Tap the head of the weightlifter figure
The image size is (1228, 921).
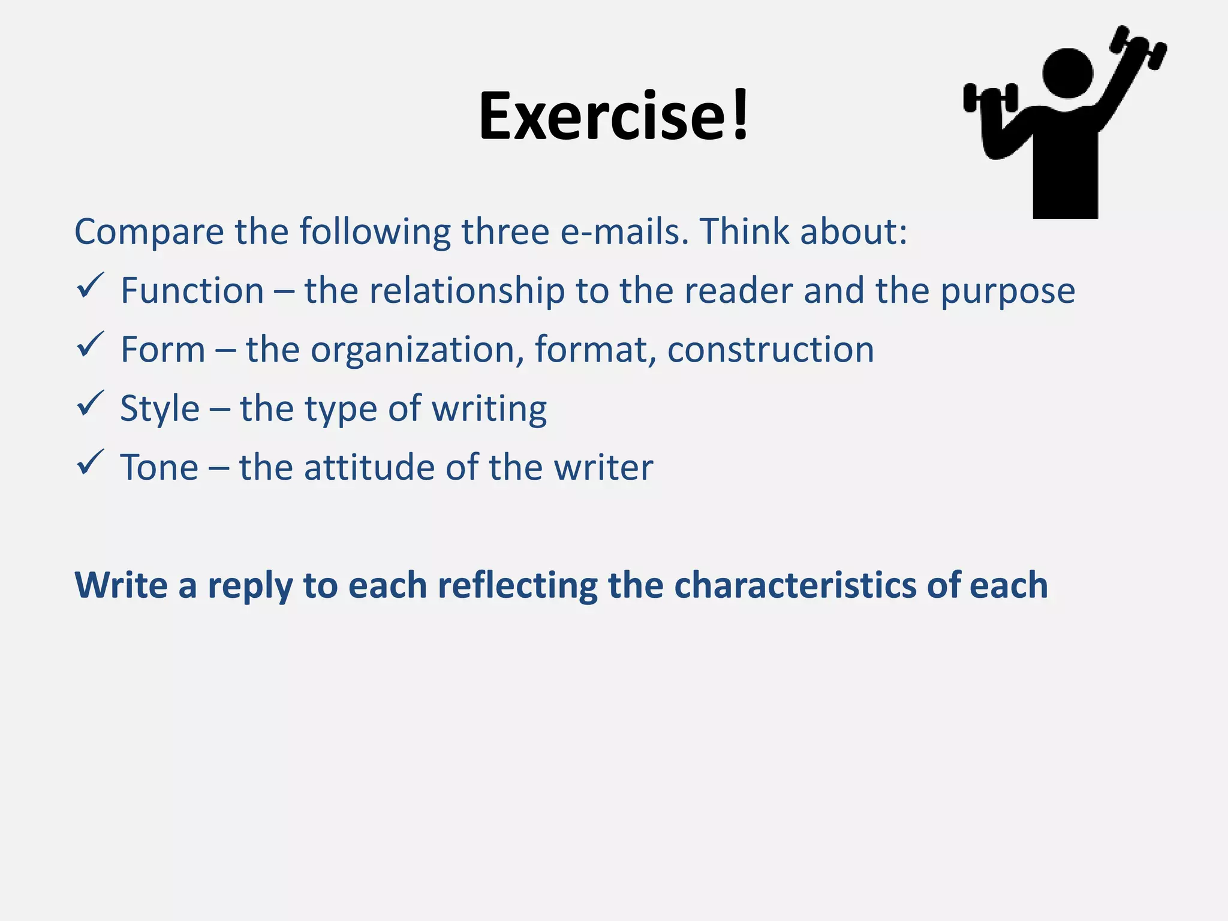click(1068, 73)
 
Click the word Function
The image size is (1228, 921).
click(192, 291)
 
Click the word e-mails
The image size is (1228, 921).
click(624, 231)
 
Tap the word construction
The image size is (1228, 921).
click(770, 350)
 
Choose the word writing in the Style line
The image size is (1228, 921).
click(489, 410)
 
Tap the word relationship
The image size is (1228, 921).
click(467, 291)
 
